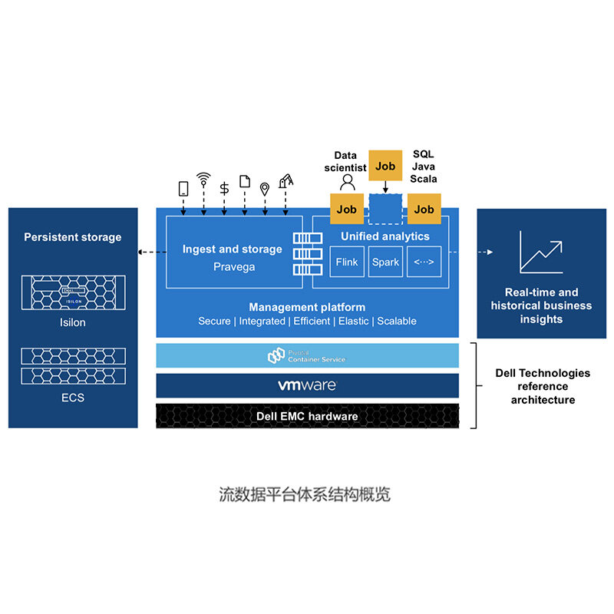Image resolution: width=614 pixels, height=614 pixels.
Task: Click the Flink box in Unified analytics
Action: [347, 262]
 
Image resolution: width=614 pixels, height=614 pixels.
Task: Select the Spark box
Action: [385, 262]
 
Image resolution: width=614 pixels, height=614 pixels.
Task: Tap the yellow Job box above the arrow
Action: [385, 166]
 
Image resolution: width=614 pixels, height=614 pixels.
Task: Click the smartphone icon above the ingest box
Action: [183, 188]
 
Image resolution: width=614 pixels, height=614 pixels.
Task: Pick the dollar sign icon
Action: [224, 188]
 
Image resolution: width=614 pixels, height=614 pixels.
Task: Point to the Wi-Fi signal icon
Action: [203, 180]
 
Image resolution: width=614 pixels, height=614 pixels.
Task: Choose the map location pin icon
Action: [265, 188]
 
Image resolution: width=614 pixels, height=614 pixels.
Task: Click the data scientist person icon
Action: [348, 182]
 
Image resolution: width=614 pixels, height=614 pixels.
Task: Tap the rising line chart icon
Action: [541, 252]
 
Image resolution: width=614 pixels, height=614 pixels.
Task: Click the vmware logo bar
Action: [307, 385]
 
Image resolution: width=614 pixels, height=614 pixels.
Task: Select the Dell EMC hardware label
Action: [307, 416]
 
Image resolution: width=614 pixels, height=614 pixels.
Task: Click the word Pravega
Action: [234, 267]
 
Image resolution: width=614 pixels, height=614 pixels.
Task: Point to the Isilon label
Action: [73, 322]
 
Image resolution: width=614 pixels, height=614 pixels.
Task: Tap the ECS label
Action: [73, 398]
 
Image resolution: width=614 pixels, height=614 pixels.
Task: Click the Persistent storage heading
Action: [73, 237]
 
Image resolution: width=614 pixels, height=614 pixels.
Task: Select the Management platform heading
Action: [307, 307]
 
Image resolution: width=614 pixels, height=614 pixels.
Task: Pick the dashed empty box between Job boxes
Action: [385, 208]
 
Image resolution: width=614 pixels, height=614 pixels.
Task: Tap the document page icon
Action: [245, 182]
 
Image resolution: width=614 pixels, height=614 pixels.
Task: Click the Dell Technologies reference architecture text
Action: [542, 386]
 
